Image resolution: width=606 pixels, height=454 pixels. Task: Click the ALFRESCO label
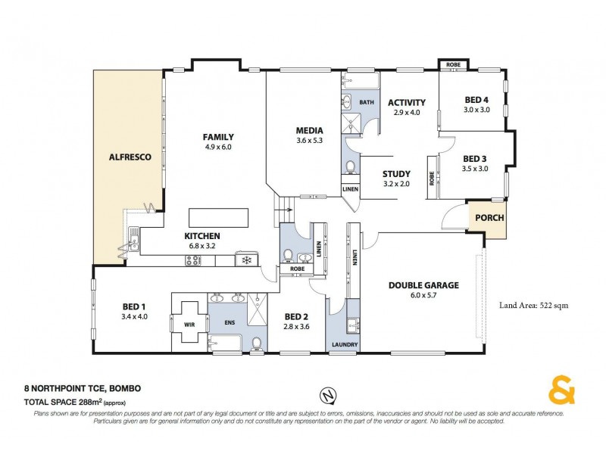[131, 157]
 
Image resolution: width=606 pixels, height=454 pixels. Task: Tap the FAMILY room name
[217, 137]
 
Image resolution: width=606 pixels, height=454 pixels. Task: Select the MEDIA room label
[309, 130]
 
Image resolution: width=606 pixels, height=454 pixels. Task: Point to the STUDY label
[396, 173]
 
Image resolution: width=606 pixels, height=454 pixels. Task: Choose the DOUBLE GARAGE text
[424, 285]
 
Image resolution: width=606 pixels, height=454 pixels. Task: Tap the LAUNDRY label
[345, 345]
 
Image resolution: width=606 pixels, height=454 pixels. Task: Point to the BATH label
[367, 102]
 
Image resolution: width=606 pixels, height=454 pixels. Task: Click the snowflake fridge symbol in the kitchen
[245, 260]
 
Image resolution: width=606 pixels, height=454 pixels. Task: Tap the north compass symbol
[326, 396]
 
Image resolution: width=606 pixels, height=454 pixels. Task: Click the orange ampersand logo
[561, 393]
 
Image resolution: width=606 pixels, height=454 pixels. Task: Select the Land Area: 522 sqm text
[533, 306]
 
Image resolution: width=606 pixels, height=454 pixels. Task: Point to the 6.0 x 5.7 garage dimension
[424, 296]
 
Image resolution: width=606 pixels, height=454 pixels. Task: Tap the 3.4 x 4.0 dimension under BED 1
[133, 317]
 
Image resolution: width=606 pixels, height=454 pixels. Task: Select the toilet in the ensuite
[258, 344]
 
